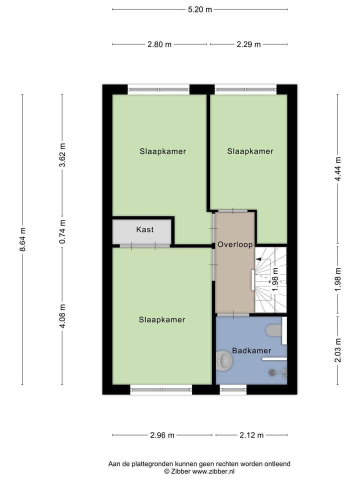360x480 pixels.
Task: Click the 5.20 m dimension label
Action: [199, 9]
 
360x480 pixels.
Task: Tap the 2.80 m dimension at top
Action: [159, 44]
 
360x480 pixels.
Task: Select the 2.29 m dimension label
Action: [248, 44]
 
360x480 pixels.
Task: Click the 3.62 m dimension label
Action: [62, 155]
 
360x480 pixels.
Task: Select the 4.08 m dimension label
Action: [62, 316]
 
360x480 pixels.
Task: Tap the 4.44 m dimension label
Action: [338, 169]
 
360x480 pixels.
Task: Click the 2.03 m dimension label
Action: [338, 350]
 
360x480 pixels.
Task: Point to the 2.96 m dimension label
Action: [162, 435]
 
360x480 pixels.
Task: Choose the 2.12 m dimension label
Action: [251, 435]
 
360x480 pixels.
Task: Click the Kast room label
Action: [145, 229]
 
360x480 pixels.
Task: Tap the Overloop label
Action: [235, 244]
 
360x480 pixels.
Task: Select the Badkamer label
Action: [251, 350]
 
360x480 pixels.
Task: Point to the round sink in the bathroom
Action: [224, 360]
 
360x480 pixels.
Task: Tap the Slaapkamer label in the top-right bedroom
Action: [250, 151]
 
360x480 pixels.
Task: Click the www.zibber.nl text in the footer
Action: [213, 471]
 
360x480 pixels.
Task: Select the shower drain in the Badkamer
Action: [272, 372]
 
